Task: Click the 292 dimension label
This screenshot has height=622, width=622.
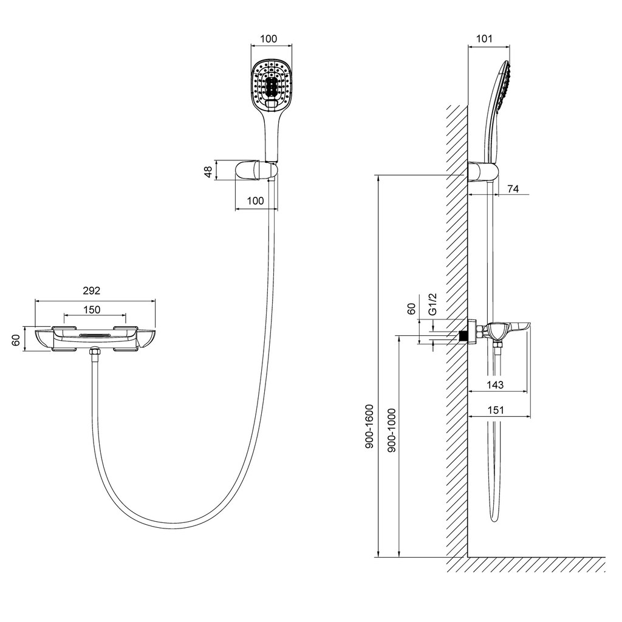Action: [92, 291]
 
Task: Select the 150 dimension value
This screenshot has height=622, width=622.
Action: [92, 309]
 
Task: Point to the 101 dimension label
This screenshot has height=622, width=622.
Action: [484, 38]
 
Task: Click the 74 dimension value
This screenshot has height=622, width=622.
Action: [513, 189]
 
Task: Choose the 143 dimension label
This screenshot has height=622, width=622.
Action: [496, 384]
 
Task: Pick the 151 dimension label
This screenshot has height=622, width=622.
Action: [496, 409]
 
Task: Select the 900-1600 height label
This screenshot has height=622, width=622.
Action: [370, 426]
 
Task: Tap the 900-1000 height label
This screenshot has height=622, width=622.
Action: [392, 430]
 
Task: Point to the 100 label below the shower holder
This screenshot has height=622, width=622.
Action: [256, 200]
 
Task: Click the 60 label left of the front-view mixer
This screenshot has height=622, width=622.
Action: [15, 340]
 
